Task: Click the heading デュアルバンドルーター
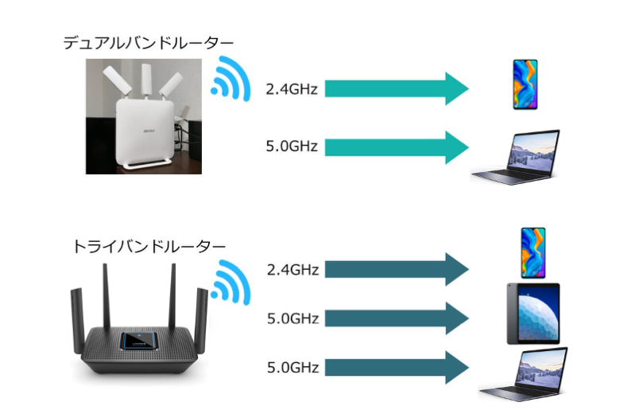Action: (x=149, y=42)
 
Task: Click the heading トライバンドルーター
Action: (x=149, y=247)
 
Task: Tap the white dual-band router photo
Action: (x=144, y=116)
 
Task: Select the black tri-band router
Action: (x=139, y=319)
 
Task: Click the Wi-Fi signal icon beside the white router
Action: (x=231, y=79)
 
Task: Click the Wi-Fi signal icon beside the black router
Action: (x=231, y=282)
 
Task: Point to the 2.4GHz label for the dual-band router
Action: (x=292, y=89)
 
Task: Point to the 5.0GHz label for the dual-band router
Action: (x=292, y=146)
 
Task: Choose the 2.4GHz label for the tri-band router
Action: (x=293, y=270)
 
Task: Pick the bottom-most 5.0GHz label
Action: (x=293, y=367)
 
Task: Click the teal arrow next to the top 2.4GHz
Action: (x=397, y=88)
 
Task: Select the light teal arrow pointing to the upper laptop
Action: (x=397, y=147)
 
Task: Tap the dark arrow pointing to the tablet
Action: (x=397, y=318)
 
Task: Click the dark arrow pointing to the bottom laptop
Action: (x=397, y=367)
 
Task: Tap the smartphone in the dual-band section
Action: (x=525, y=84)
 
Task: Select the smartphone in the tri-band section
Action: (x=533, y=252)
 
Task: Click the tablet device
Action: (x=533, y=314)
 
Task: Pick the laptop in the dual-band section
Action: (x=515, y=158)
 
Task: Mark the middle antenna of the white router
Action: (x=146, y=80)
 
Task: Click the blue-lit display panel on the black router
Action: (x=139, y=341)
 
